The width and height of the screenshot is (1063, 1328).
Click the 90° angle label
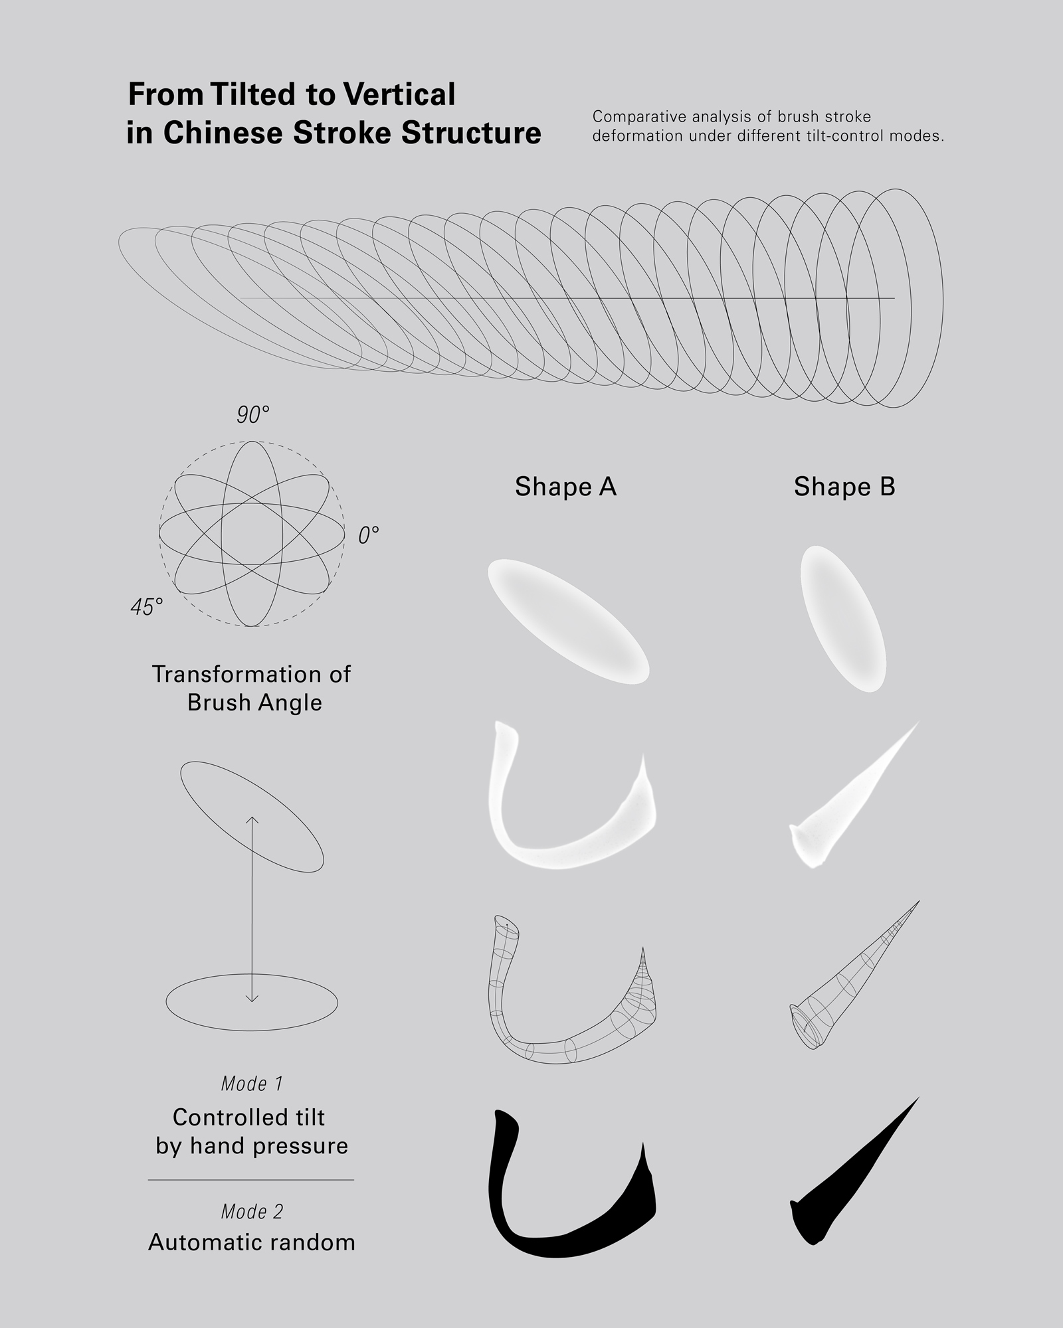(x=253, y=415)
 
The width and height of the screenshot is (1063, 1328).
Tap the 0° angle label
(x=369, y=535)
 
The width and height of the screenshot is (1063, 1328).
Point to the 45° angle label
(x=147, y=607)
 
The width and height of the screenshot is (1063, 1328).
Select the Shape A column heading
(x=565, y=487)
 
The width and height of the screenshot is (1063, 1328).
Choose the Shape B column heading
(x=844, y=487)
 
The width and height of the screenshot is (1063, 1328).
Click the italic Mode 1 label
(x=252, y=1084)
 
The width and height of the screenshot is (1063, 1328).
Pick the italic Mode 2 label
(x=252, y=1212)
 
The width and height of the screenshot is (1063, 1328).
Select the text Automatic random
(x=252, y=1242)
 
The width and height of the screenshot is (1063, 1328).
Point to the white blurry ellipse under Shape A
(x=568, y=621)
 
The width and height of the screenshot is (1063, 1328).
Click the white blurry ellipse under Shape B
(x=843, y=619)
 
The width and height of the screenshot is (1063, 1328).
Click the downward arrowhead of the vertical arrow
(x=252, y=998)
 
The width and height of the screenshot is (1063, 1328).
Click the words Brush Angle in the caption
(x=254, y=703)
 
